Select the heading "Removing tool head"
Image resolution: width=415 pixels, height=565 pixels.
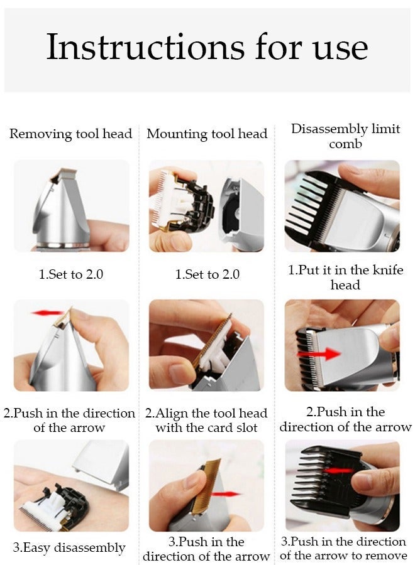(71, 134)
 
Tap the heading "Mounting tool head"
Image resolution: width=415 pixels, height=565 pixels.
(207, 134)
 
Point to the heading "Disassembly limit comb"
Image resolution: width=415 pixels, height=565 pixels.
(345, 136)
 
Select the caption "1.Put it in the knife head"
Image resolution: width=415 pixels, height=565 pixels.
(345, 277)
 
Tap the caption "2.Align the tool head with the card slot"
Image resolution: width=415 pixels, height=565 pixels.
(206, 421)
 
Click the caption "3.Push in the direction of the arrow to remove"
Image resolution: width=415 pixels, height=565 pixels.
(343, 548)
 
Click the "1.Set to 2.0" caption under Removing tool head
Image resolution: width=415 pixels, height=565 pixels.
(70, 274)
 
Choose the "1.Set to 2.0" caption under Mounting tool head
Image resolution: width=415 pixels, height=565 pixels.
(207, 274)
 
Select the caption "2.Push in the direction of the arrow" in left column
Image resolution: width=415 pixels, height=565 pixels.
(70, 421)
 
